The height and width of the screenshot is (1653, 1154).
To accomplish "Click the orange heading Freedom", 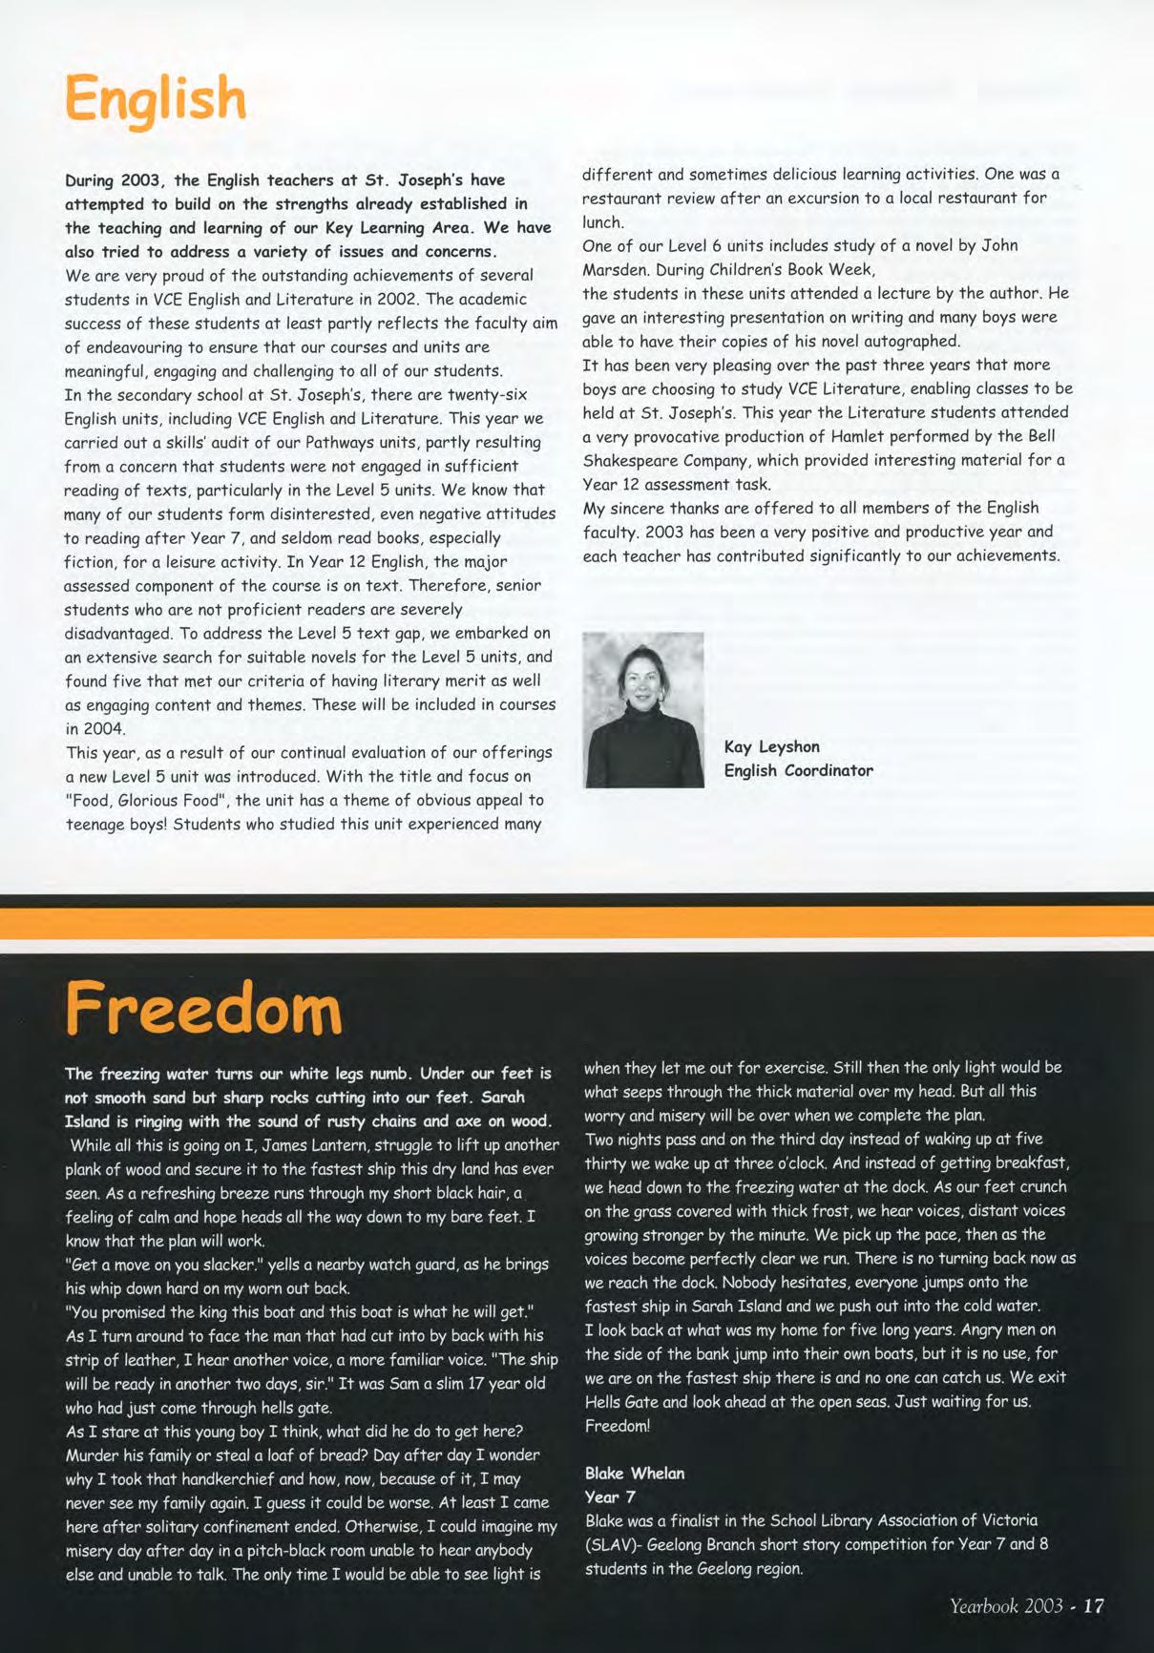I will [x=203, y=1009].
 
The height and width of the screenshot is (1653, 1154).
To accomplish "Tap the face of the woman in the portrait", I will [x=643, y=679].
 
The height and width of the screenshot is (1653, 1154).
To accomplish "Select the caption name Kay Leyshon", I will [x=771, y=746].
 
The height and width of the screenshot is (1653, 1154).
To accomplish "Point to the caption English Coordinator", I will [x=798, y=770].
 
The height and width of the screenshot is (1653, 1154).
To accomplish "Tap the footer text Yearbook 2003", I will [x=1006, y=1605].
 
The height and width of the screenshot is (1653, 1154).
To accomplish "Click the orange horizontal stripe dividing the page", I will [x=577, y=922].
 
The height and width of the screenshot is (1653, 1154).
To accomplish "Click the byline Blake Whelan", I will [x=635, y=1473].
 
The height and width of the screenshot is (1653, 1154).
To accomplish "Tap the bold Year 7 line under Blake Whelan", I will [x=610, y=1496].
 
